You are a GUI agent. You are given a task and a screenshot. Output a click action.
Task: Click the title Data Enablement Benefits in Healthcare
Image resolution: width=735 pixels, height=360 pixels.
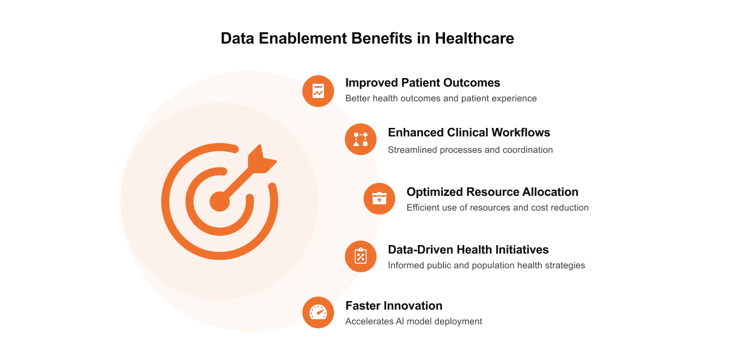pyautogui.click(x=367, y=38)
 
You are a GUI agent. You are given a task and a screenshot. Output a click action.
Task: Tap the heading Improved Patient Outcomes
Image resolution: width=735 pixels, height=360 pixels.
pyautogui.click(x=422, y=83)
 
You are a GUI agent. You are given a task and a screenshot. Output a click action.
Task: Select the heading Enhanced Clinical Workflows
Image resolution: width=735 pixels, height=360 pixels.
pyautogui.click(x=469, y=132)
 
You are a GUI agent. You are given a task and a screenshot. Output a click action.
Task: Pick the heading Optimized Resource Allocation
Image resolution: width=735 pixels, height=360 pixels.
pyautogui.click(x=492, y=192)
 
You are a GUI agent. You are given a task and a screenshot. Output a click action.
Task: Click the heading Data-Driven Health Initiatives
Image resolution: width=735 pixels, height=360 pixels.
pyautogui.click(x=468, y=250)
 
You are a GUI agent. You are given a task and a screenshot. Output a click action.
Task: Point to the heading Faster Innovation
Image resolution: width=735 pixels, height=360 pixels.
pyautogui.click(x=394, y=306)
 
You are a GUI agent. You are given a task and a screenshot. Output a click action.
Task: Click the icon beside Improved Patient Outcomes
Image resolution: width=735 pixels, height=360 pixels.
pyautogui.click(x=318, y=91)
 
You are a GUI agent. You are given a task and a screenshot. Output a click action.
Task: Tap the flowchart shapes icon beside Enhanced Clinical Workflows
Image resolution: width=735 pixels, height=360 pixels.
pyautogui.click(x=361, y=139)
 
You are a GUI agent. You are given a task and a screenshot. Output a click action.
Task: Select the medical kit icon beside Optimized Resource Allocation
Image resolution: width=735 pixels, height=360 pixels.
pyautogui.click(x=379, y=199)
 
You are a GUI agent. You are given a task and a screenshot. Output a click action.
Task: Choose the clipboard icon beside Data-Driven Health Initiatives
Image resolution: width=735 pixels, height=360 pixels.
pyautogui.click(x=361, y=256)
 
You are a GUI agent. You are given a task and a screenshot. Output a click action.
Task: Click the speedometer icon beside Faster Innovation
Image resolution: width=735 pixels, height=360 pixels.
pyautogui.click(x=318, y=312)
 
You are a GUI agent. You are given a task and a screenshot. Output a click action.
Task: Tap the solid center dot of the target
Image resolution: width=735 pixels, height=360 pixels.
pyautogui.click(x=220, y=201)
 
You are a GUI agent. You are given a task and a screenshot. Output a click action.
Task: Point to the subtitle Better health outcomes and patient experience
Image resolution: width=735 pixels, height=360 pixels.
pyautogui.click(x=441, y=98)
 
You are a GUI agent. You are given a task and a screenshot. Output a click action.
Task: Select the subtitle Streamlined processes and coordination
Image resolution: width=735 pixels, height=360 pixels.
pyautogui.click(x=470, y=150)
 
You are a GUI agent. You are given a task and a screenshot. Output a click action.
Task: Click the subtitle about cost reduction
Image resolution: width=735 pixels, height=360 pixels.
pyautogui.click(x=497, y=208)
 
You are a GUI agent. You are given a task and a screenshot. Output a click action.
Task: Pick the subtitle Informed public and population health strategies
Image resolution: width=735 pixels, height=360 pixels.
pyautogui.click(x=486, y=265)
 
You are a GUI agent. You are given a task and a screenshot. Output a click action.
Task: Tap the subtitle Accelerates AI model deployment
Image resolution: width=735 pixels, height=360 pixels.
pyautogui.click(x=413, y=322)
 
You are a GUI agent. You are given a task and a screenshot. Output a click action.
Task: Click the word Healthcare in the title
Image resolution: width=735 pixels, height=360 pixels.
pyautogui.click(x=475, y=38)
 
